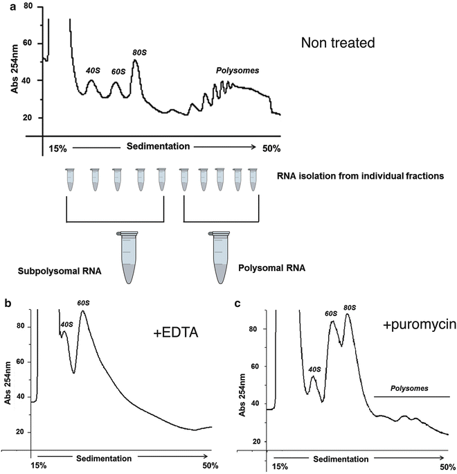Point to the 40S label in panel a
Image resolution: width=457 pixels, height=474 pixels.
click(x=93, y=69)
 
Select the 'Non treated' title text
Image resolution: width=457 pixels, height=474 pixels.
click(x=347, y=43)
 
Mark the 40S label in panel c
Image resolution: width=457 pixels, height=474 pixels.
click(x=314, y=369)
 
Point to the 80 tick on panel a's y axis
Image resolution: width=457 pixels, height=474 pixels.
click(x=28, y=6)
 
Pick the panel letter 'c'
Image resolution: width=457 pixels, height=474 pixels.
click(x=239, y=303)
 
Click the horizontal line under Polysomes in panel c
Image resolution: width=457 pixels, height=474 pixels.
click(x=411, y=397)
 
